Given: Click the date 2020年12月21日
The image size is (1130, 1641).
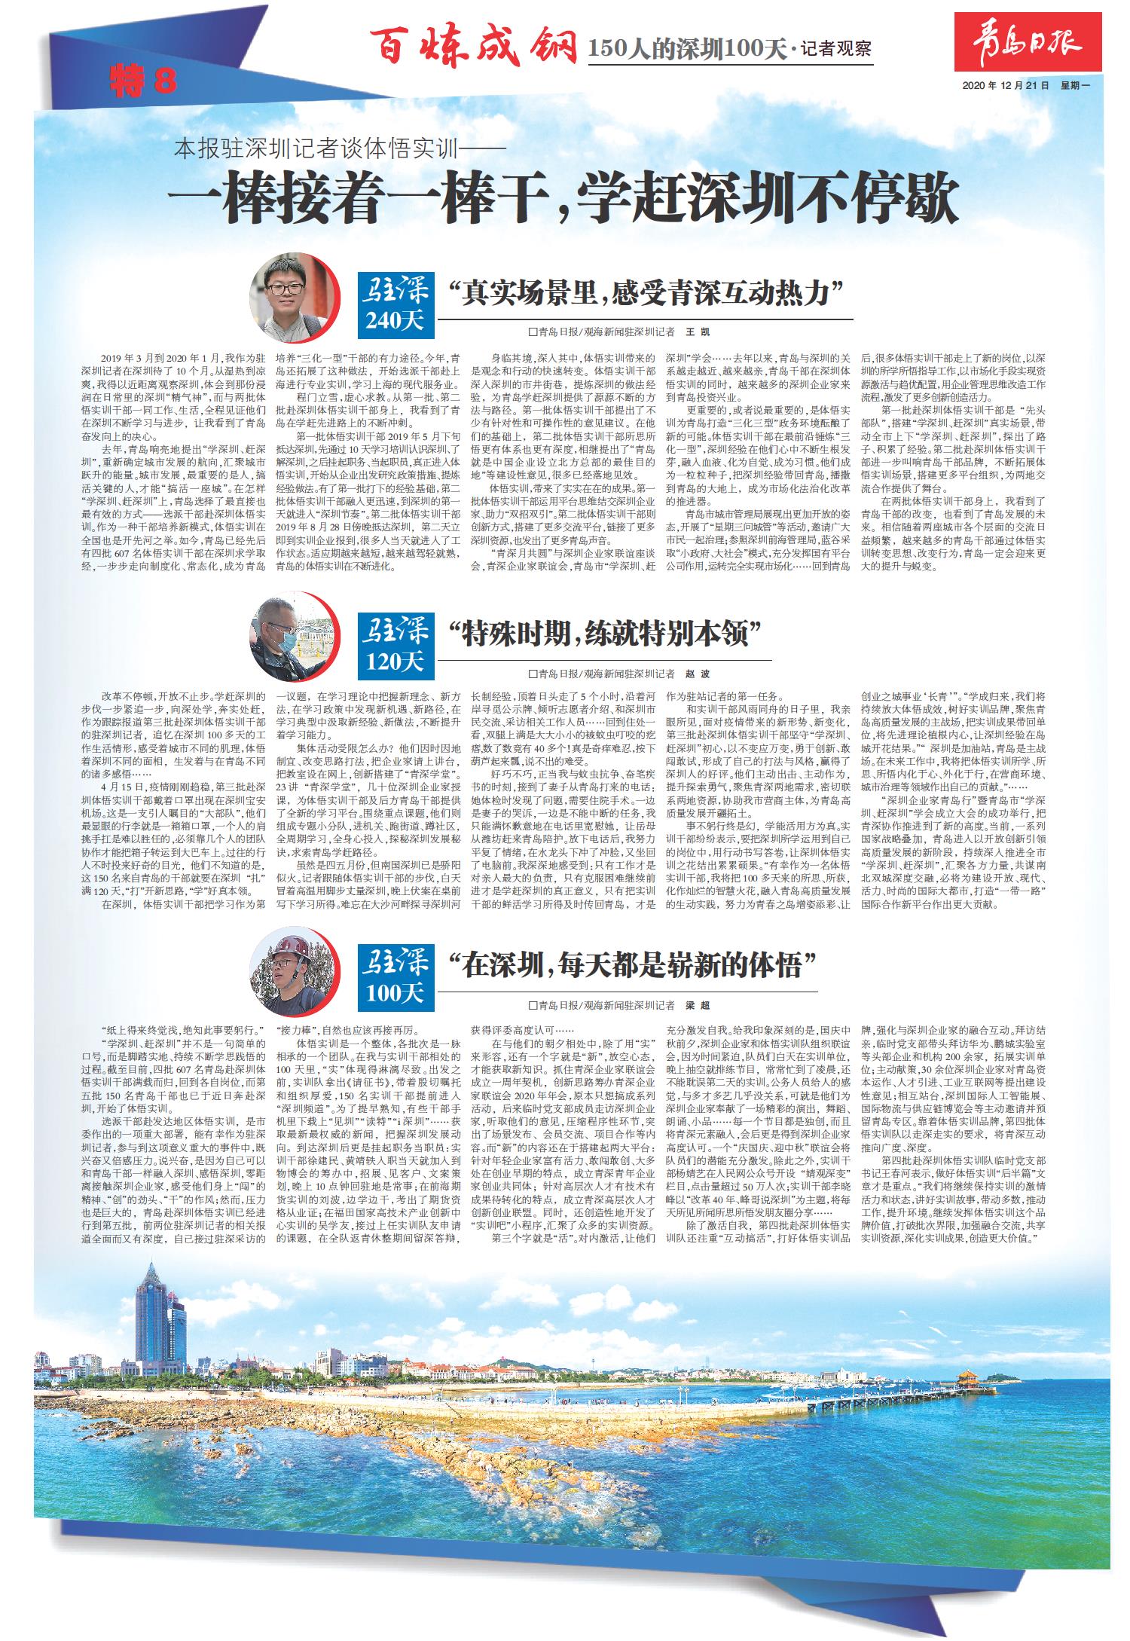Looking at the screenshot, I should (1006, 85).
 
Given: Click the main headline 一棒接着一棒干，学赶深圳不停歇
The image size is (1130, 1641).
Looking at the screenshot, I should (563, 198).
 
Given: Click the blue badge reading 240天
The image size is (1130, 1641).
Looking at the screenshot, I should (395, 320).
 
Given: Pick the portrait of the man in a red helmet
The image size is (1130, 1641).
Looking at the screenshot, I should (293, 971).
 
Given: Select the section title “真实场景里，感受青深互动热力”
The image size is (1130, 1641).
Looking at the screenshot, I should (649, 292).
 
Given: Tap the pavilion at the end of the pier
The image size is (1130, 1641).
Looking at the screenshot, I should (965, 1377).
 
